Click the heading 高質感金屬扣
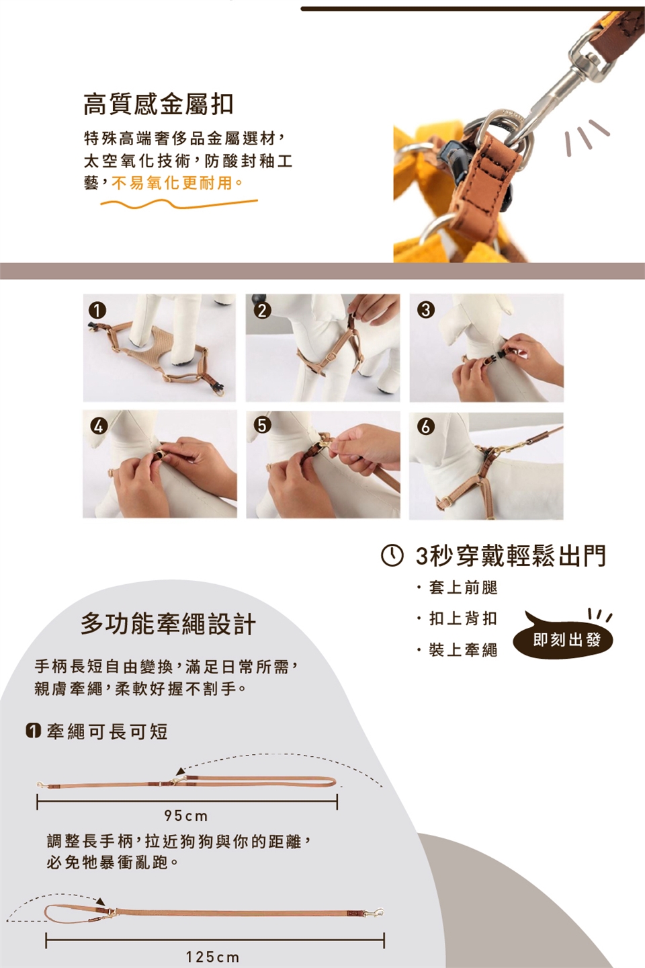(158, 104)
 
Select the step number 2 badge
(262, 311)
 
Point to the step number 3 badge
(426, 311)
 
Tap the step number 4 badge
(99, 426)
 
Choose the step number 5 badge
(262, 426)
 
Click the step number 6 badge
(426, 426)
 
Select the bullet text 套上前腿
(463, 588)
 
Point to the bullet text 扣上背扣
(463, 619)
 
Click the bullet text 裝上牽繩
(463, 650)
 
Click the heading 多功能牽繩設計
(169, 624)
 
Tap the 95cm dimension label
(186, 816)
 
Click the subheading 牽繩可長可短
(107, 731)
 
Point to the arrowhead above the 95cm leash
(181, 772)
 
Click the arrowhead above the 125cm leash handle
(100, 901)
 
